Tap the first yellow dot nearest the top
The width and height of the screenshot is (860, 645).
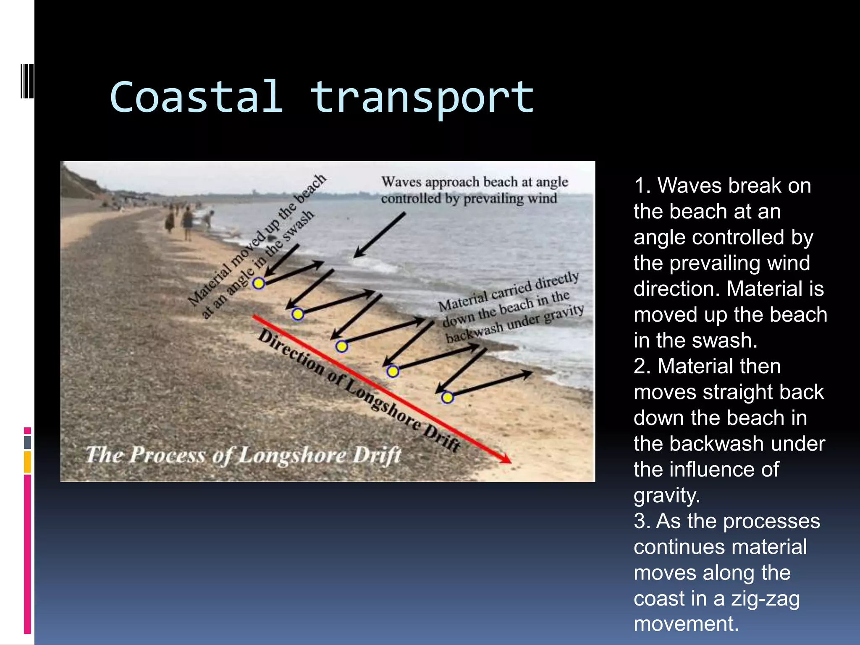coord(259,283)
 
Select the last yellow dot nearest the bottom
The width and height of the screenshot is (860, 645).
coord(448,397)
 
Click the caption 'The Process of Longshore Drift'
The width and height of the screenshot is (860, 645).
coord(244,455)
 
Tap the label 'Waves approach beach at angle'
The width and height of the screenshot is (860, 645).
coord(475,182)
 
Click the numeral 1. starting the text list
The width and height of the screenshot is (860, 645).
coord(642,186)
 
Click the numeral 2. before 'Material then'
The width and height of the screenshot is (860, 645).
coord(642,366)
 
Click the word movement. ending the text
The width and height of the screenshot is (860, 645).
coord(686,624)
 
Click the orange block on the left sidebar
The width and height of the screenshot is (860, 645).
coord(27,462)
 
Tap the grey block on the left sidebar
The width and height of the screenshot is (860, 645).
coord(27,442)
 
